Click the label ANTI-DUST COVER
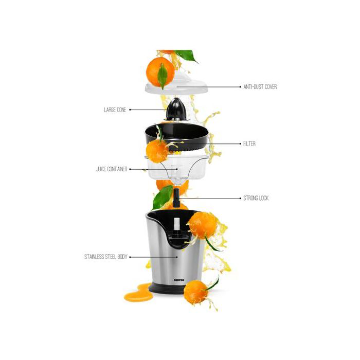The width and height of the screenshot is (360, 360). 260,87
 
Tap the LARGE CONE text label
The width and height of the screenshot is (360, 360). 115,110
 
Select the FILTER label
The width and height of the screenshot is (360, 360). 249,144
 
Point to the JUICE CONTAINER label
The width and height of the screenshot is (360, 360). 112,169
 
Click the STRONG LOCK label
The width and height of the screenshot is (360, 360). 256,198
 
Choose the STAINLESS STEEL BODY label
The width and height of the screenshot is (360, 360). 105,257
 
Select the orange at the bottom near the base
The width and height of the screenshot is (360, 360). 196,292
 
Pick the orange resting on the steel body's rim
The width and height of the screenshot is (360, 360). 203,225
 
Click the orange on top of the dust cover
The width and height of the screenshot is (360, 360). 159,71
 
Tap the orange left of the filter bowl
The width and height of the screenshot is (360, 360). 156,151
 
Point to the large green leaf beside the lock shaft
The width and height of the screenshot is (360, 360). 163,197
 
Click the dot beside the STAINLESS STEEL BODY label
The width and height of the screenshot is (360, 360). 130,257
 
